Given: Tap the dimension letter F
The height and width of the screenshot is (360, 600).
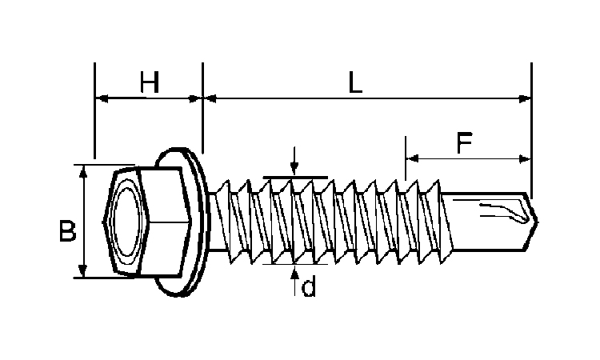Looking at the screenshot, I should [x=464, y=143].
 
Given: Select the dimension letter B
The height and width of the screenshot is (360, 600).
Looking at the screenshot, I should [x=67, y=231].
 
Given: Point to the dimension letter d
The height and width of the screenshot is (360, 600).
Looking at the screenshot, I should [x=308, y=287].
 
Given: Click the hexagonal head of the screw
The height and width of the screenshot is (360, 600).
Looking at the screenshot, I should [x=148, y=220].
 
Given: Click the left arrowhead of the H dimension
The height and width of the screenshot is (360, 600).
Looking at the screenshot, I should [x=101, y=99].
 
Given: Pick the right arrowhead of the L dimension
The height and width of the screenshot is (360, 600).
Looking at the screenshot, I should [x=526, y=99].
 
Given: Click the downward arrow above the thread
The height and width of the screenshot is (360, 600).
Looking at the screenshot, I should [x=294, y=169].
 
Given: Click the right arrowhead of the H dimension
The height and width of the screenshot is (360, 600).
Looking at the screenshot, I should [x=197, y=99].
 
